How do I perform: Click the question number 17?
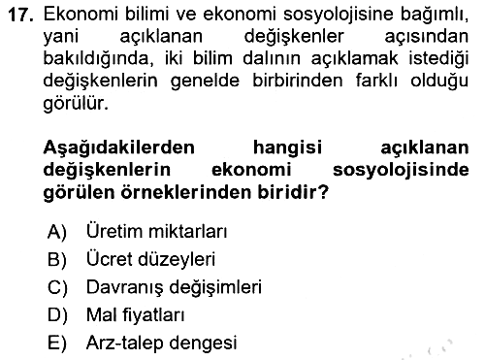click(x=21, y=15)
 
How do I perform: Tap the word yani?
click(x=61, y=37)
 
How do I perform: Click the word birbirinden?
click(x=297, y=81)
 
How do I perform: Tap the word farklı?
click(x=376, y=81)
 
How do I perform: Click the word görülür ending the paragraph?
click(x=76, y=104)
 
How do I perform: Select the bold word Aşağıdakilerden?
click(x=119, y=148)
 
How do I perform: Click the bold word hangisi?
click(x=288, y=148)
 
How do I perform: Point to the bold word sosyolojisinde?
click(x=401, y=171)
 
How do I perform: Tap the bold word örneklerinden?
click(x=187, y=192)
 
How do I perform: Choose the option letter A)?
click(x=57, y=232)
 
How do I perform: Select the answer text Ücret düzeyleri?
click(x=150, y=259)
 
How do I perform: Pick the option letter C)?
click(x=57, y=287)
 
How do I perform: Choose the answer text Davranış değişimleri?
click(x=174, y=287)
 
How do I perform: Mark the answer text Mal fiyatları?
click(x=136, y=315)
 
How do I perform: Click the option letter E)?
click(x=57, y=344)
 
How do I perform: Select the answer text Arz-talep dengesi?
click(x=162, y=344)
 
